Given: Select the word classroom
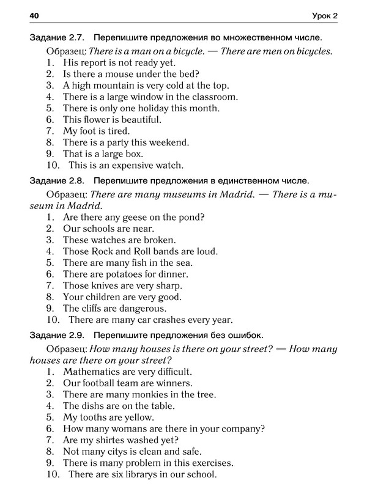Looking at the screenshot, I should (212, 97).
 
